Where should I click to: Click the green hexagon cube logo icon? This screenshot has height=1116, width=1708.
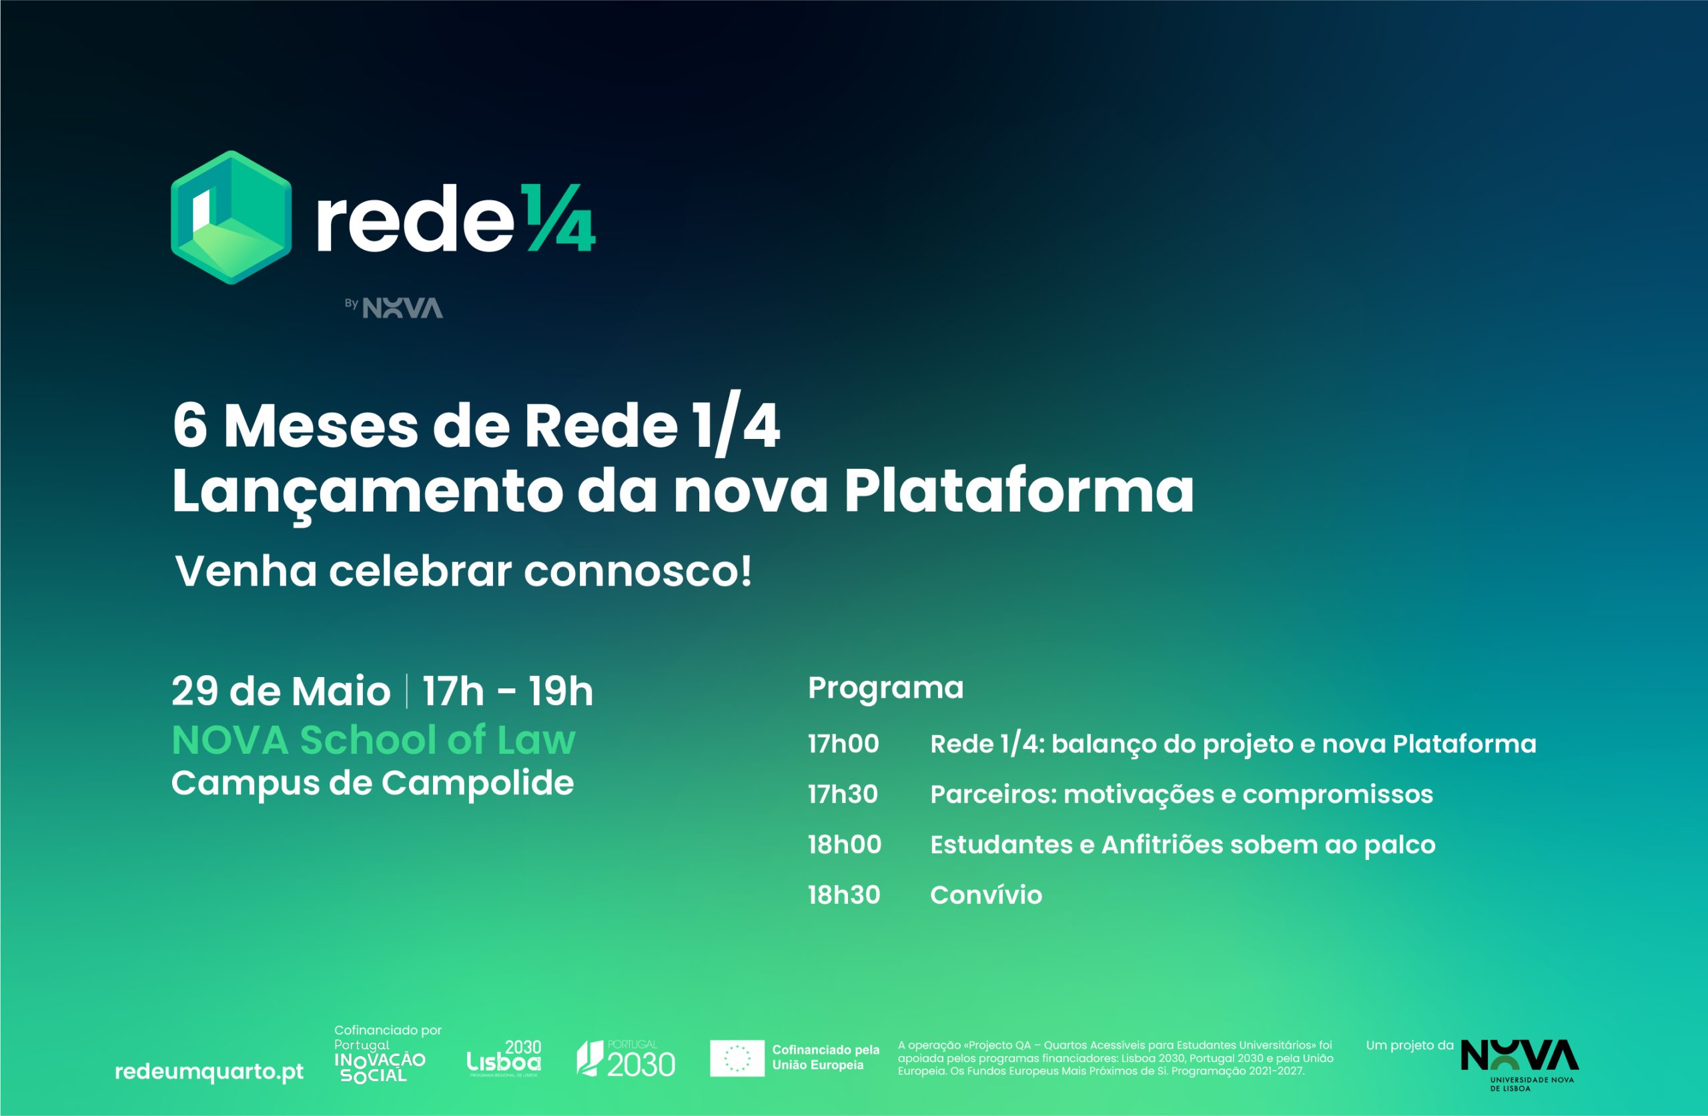pyautogui.click(x=231, y=217)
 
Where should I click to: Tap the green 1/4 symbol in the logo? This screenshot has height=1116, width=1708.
pyautogui.click(x=558, y=217)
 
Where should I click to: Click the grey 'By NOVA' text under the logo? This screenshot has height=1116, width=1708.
pyautogui.click(x=393, y=307)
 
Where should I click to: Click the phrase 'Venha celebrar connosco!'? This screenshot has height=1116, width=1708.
pyautogui.click(x=464, y=571)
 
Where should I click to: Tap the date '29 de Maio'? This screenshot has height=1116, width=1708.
pyautogui.click(x=281, y=691)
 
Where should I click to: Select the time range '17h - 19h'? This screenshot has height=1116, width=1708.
pyautogui.click(x=507, y=691)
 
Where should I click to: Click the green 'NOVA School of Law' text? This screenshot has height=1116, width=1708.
pyautogui.click(x=373, y=740)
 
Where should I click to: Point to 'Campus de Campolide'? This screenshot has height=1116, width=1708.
pyautogui.click(x=372, y=783)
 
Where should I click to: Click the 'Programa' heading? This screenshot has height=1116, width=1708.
pyautogui.click(x=885, y=688)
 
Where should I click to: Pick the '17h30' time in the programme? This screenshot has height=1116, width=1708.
pyautogui.click(x=843, y=794)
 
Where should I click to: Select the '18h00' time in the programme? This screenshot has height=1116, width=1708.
pyautogui.click(x=845, y=845)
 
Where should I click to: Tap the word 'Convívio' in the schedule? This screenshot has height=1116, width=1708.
pyautogui.click(x=986, y=895)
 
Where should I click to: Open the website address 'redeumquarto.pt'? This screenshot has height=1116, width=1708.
pyautogui.click(x=209, y=1072)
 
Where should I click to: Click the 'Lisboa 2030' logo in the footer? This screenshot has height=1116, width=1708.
pyautogui.click(x=504, y=1058)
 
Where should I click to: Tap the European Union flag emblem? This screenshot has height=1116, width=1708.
pyautogui.click(x=737, y=1058)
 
